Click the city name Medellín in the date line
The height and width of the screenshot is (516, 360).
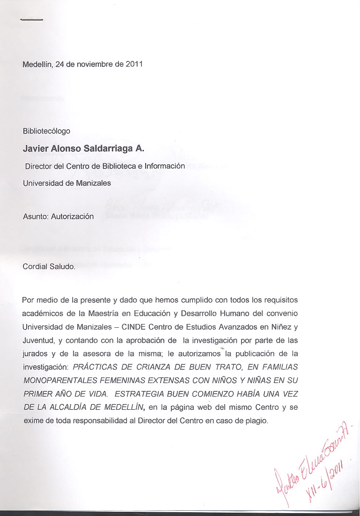pyautogui.click(x=37, y=64)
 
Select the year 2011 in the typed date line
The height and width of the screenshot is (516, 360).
pyautogui.click(x=134, y=64)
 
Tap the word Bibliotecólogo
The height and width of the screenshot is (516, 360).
pyautogui.click(x=46, y=131)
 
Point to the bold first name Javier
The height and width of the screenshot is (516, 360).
pyautogui.click(x=36, y=149)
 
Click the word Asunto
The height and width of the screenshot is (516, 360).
pyautogui.click(x=35, y=217)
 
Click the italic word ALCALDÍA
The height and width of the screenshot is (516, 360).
pyautogui.click(x=68, y=407)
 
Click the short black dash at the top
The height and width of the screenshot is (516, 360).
pyautogui.click(x=32, y=20)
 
